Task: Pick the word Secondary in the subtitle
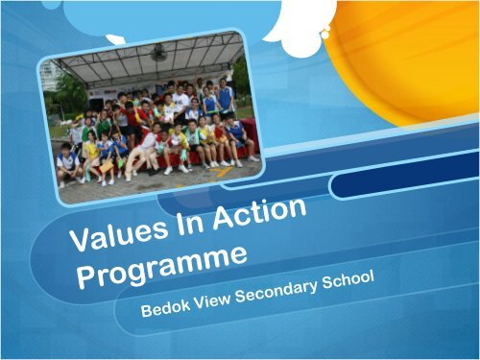pyautogui.click(x=291, y=288)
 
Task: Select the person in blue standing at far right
pyautogui.click(x=225, y=96)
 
